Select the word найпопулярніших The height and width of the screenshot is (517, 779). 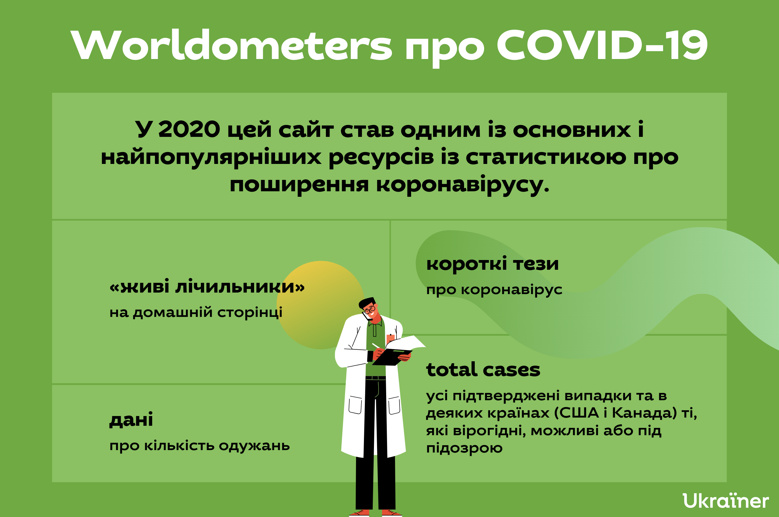[x=211, y=157]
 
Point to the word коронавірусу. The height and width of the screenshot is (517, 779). [x=463, y=185]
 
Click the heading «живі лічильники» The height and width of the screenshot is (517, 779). [x=207, y=286]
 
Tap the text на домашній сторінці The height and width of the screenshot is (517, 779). [x=196, y=312]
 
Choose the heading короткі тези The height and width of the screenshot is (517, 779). [x=492, y=263]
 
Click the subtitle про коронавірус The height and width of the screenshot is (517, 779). [x=494, y=290]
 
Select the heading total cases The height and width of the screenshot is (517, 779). [x=483, y=370]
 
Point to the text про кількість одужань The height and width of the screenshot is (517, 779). [x=200, y=446]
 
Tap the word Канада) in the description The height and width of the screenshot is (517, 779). [x=645, y=413]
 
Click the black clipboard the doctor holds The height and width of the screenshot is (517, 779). [x=392, y=357]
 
